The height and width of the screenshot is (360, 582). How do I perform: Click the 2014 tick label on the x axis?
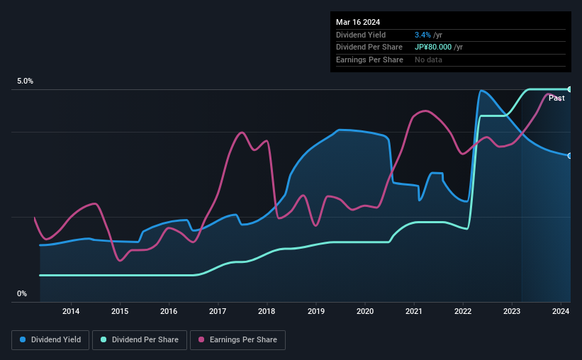(71, 311)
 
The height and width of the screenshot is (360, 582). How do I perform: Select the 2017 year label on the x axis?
(218, 311)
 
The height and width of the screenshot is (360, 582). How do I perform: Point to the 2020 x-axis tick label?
(364, 311)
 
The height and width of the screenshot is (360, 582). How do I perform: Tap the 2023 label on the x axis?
(512, 311)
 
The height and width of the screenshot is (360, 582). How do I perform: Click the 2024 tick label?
(561, 311)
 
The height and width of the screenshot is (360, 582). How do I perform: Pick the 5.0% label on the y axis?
(26, 81)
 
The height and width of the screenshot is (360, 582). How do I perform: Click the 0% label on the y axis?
(22, 293)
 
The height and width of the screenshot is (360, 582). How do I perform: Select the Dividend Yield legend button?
(50, 340)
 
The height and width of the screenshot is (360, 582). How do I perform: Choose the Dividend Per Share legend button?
(144, 340)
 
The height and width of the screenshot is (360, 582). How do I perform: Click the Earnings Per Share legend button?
(237, 340)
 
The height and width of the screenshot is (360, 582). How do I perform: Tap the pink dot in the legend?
(201, 340)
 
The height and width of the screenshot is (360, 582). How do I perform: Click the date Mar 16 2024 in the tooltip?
(358, 22)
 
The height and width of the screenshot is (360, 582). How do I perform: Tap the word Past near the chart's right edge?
(556, 99)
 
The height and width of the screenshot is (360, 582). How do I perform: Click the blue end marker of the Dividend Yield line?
(570, 155)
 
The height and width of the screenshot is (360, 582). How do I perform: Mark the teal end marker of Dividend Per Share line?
(570, 89)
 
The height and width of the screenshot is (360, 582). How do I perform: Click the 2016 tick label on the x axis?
(169, 311)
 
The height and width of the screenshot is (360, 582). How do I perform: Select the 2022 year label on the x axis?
(463, 311)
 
